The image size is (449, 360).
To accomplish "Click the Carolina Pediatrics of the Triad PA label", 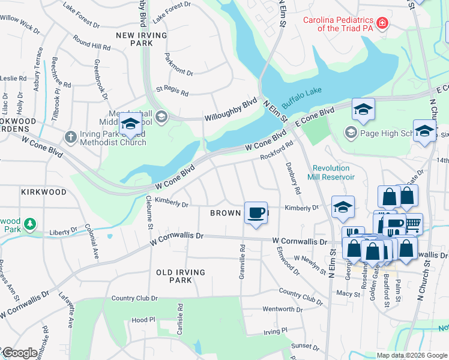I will pyautogui.click(x=339, y=24).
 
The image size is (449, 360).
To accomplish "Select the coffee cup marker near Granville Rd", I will pyautogui.click(x=256, y=213).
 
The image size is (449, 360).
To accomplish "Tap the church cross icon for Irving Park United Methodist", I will pyautogui.click(x=70, y=136).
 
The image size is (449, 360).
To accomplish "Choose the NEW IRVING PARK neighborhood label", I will pyautogui.click(x=143, y=40).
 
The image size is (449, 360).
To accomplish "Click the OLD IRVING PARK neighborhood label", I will pyautogui.click(x=181, y=277).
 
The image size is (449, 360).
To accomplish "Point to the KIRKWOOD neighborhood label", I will pyautogui.click(x=43, y=192).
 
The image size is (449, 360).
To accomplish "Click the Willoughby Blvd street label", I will pyautogui.click(x=231, y=110).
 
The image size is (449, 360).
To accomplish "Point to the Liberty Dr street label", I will pyautogui.click(x=63, y=230).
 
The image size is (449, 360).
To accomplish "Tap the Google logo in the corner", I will pyautogui.click(x=20, y=353).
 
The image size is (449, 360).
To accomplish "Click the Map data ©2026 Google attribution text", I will pyautogui.click(x=412, y=355).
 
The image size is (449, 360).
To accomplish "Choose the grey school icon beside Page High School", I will pyautogui.click(x=351, y=131).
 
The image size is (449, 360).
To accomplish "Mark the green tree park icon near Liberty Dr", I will pyautogui.click(x=29, y=224).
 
